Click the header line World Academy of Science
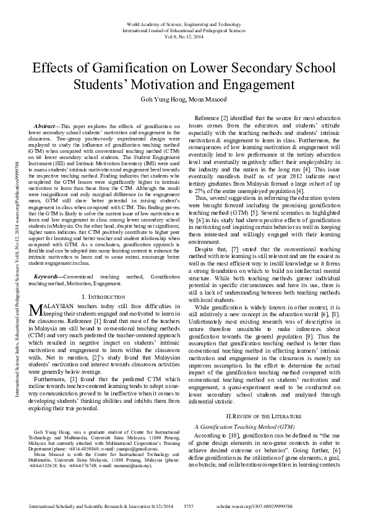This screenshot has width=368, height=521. (184, 23)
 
